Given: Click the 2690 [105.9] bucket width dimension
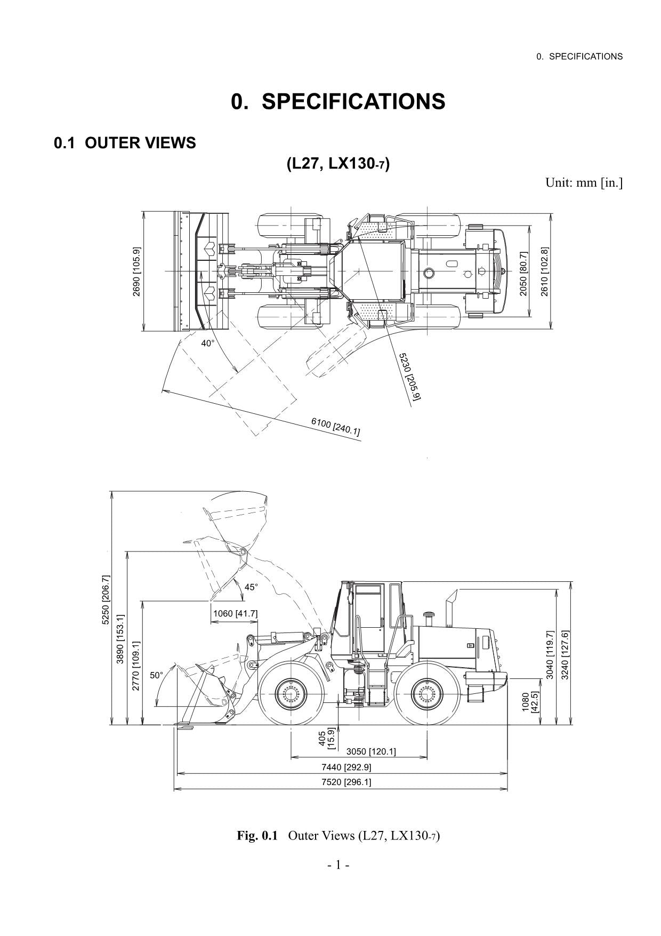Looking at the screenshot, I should pos(136,271).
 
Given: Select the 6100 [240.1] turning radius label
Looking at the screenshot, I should pos(335,426).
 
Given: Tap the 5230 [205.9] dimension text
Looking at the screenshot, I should pos(410,376).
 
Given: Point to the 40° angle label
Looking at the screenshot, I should pos(207,343).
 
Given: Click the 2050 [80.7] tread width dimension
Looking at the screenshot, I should pos(523,273).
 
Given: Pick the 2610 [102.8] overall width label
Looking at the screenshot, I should pos(544,271).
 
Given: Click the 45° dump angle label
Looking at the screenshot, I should pos(251,587).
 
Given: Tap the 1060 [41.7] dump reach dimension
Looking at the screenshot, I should pos(235,613).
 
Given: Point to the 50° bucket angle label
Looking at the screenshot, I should pos(156,675).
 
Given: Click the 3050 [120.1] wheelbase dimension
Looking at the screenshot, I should pos(371,751).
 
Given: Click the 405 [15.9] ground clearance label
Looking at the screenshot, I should pos(326,739).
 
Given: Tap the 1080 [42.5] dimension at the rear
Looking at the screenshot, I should pos(530,701).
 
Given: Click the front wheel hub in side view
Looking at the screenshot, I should pos(291,695).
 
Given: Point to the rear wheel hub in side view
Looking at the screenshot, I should pos(427,695).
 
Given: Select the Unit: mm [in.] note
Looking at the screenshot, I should pos(583,183).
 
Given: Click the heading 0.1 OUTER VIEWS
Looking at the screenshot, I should pos(125,143).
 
